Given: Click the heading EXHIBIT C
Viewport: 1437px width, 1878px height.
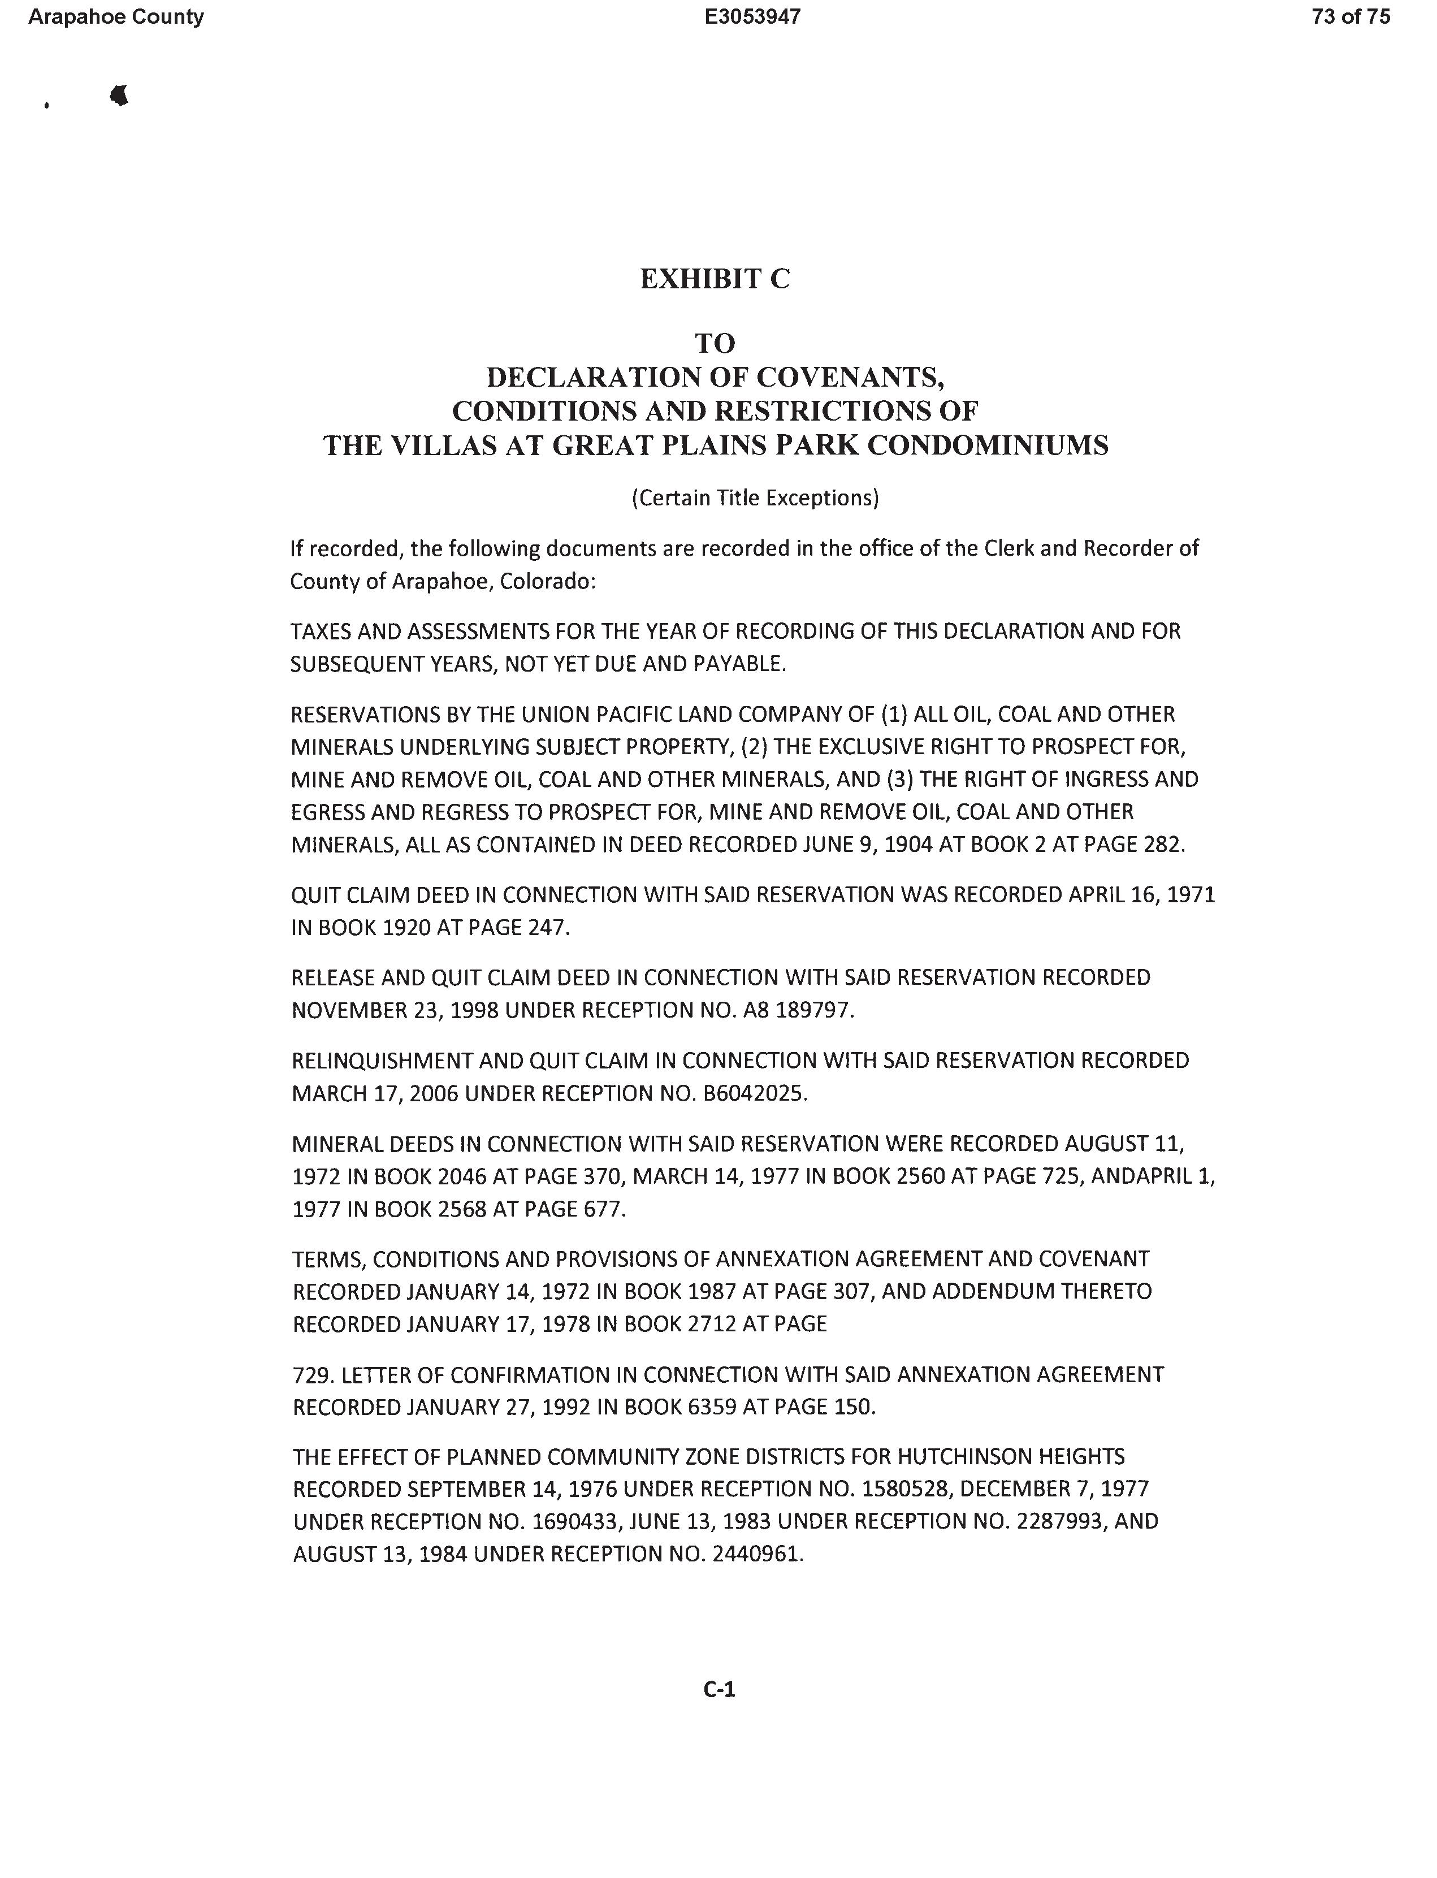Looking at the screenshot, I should (715, 279).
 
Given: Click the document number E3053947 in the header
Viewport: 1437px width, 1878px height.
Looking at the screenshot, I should (753, 17).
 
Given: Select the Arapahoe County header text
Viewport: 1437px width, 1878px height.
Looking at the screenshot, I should (116, 17).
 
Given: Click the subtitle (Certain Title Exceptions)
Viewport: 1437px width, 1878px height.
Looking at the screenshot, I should (755, 497).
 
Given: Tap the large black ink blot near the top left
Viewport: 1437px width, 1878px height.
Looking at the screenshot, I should (120, 95).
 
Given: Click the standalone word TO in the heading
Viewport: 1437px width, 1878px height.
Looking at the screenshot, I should (715, 343).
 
